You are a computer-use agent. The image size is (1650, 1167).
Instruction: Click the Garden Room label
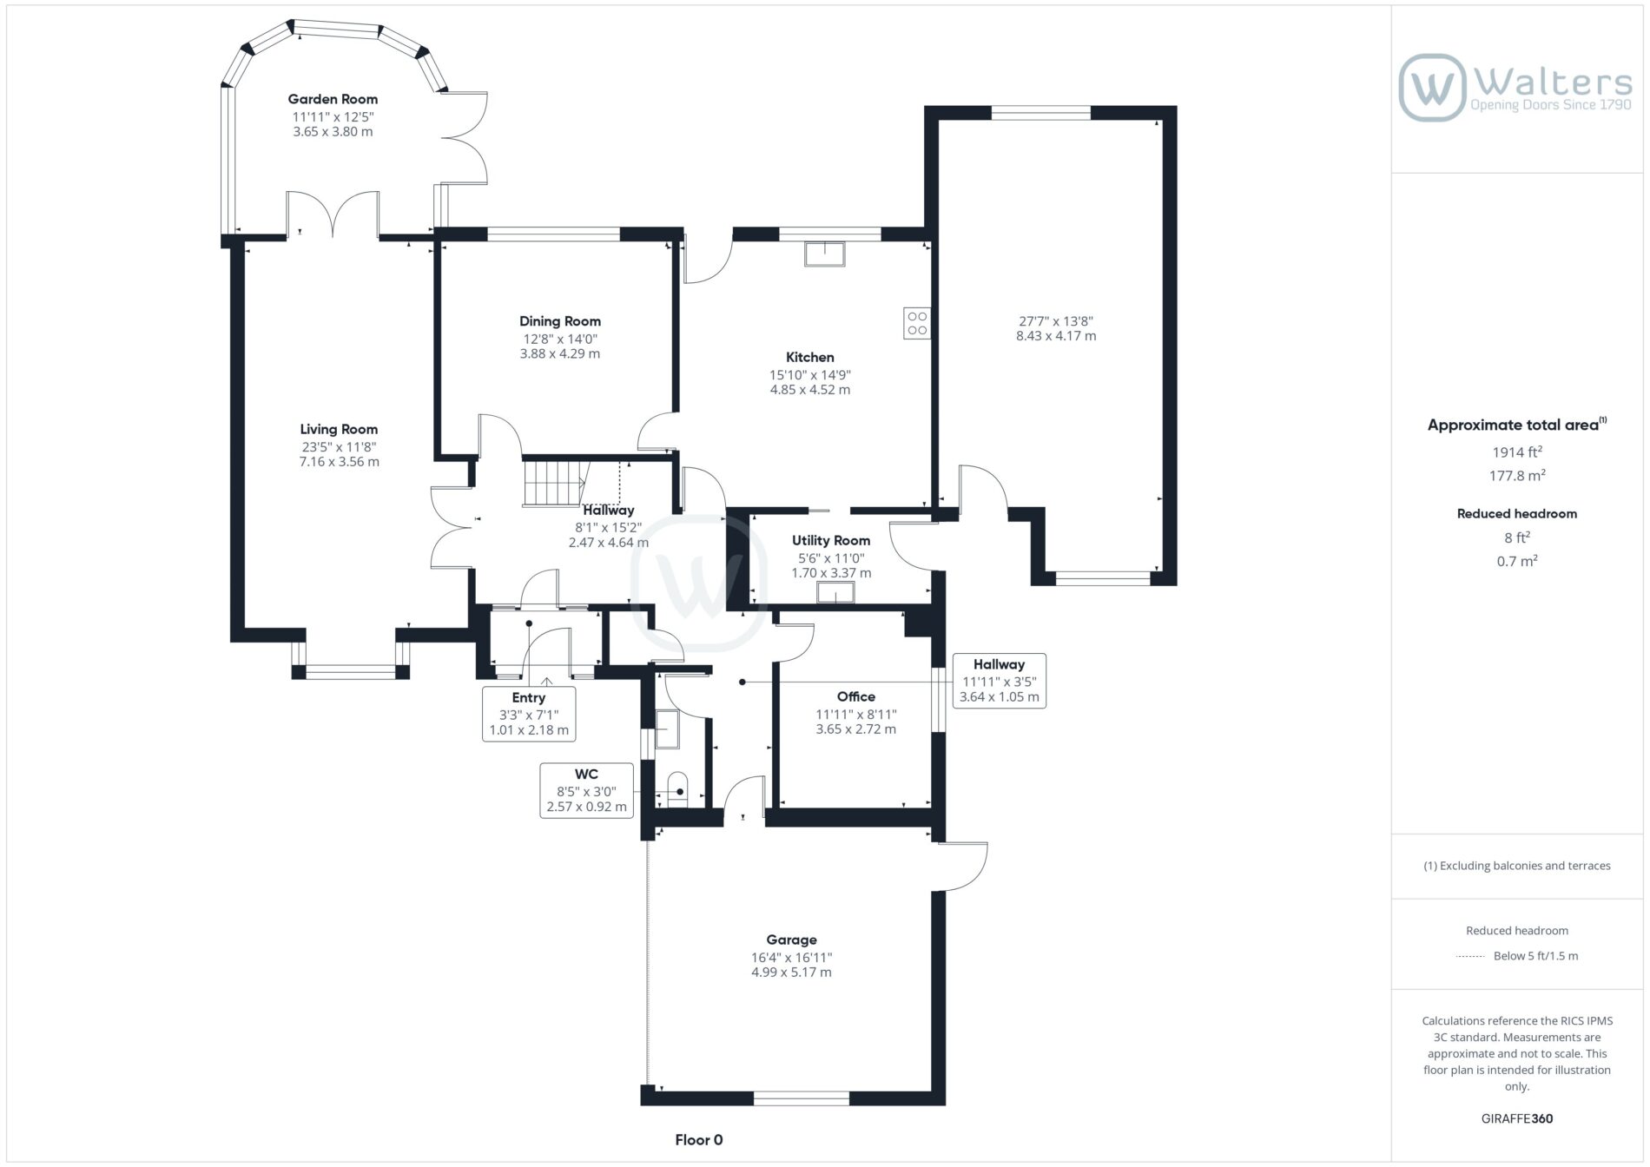coord(333,99)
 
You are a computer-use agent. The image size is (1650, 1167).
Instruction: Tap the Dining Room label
coord(560,321)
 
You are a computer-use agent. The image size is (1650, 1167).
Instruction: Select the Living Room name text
coord(339,429)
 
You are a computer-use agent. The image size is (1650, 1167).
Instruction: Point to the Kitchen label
coord(810,357)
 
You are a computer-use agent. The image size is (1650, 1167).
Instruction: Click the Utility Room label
coord(831,540)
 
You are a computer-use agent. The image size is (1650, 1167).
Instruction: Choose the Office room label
coord(856,696)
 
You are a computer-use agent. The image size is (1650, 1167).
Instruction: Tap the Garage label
coord(791,940)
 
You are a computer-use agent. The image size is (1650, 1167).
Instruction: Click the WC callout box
coord(586,790)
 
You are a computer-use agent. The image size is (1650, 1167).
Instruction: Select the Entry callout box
coord(529,714)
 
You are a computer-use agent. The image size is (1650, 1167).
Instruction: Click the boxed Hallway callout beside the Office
coord(999,681)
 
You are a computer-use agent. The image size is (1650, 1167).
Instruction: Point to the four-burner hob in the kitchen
coord(917,323)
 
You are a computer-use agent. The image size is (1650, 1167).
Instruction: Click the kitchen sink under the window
coord(824,254)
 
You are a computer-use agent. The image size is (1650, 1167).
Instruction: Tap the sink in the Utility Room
coord(835,593)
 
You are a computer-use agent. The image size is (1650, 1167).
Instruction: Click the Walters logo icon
coord(1432,88)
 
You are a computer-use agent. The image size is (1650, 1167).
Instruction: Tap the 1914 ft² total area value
coord(1517,452)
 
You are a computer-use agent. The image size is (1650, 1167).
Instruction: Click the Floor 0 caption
coord(699,1140)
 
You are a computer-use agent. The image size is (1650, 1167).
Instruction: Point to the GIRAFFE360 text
coord(1517,1118)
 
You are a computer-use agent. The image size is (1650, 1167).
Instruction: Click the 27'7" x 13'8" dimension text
coord(1056,320)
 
